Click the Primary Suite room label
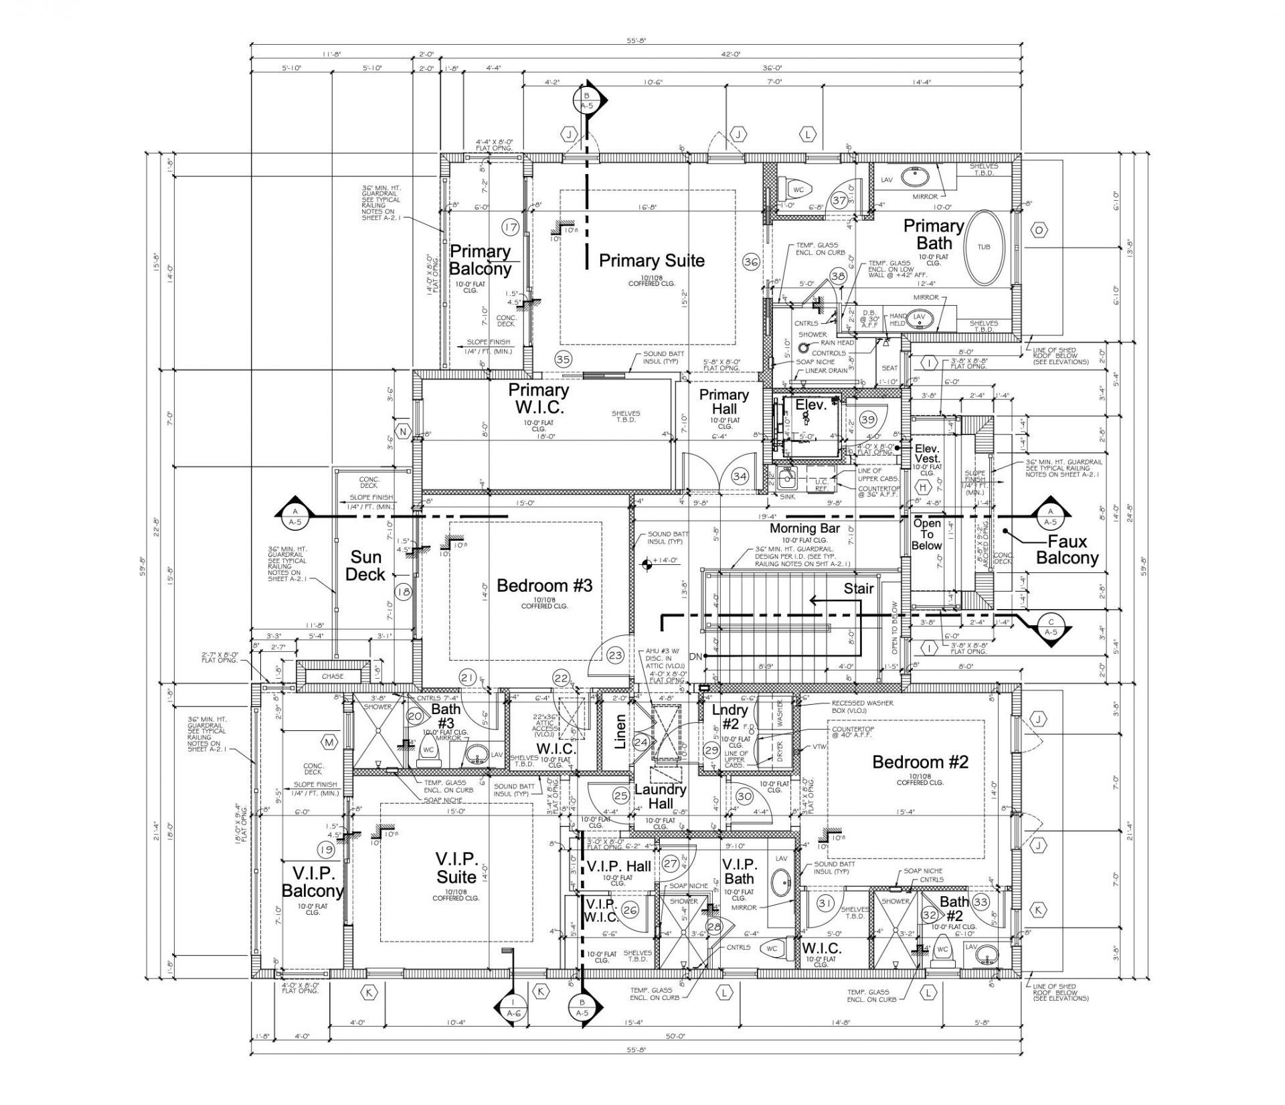pos(651,260)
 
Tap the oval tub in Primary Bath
pos(984,247)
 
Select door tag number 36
pos(751,262)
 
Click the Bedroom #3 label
pos(544,586)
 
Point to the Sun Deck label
pos(366,566)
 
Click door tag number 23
pos(616,656)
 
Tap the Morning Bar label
pos(804,529)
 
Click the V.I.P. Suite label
pos(456,867)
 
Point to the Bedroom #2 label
pos(920,762)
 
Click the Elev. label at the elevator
pos(811,405)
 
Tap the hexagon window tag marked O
pos(1039,230)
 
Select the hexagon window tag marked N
pos(402,432)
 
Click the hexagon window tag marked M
pos(329,742)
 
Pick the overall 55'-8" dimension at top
pos(635,41)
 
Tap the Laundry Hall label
pos(660,796)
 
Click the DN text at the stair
pos(695,657)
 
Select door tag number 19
pos(327,850)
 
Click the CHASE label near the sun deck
pos(332,677)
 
